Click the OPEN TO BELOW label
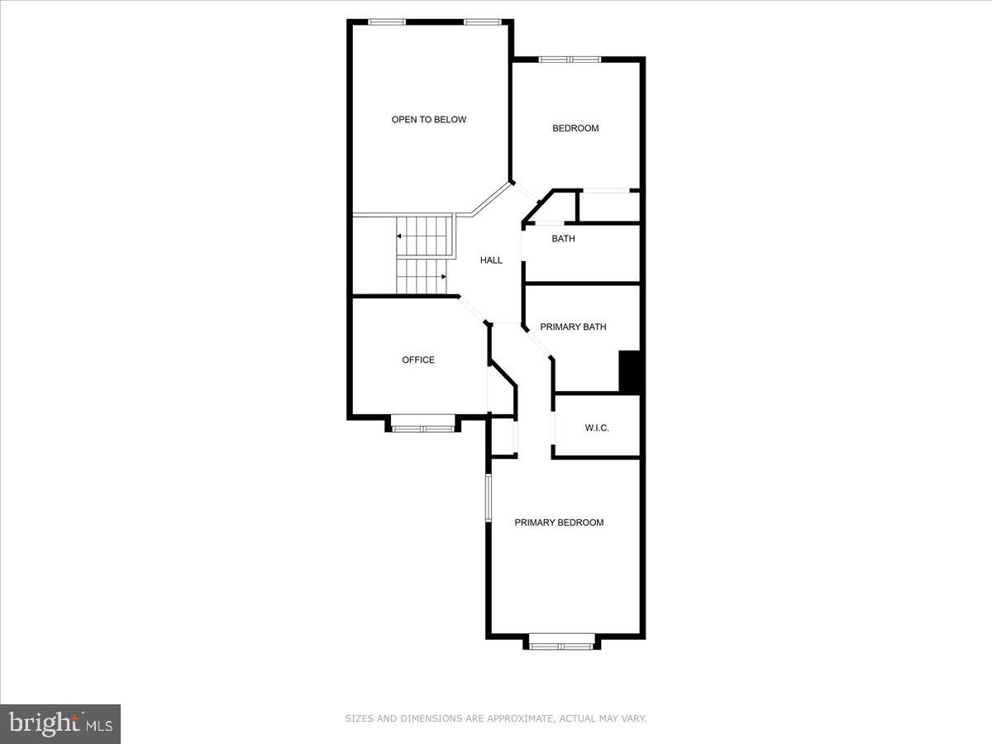click(428, 120)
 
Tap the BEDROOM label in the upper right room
click(575, 128)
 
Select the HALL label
click(491, 260)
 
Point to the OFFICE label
click(418, 360)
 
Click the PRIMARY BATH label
click(573, 327)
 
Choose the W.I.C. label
click(597, 428)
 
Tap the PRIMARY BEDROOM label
click(559, 522)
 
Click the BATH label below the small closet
click(563, 239)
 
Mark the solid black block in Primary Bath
click(630, 372)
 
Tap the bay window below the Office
click(422, 428)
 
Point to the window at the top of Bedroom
click(570, 60)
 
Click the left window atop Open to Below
click(387, 22)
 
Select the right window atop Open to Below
click(483, 22)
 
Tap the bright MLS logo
click(60, 723)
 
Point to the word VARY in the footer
click(633, 719)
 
